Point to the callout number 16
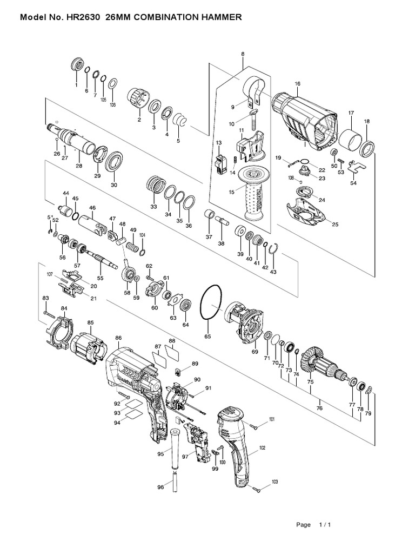point(297,84)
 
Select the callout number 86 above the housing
point(118,338)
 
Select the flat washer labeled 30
point(114,162)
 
